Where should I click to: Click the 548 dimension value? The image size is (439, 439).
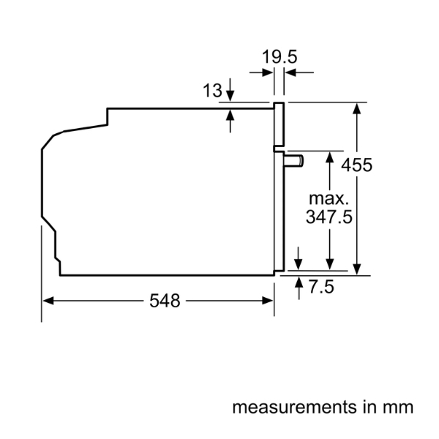pos(164,301)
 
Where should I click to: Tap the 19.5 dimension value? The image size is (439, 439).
pos(282,56)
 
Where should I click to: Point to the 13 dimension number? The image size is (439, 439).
pos(212,91)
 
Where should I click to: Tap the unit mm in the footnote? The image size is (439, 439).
pos(400,406)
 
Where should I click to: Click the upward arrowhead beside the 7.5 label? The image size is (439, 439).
pos(299,283)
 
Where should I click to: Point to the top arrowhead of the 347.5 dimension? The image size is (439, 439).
pos(330,157)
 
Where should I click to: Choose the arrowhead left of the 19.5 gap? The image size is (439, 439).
pos(269,72)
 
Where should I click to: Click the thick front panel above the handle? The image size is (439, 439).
pos(279,124)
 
